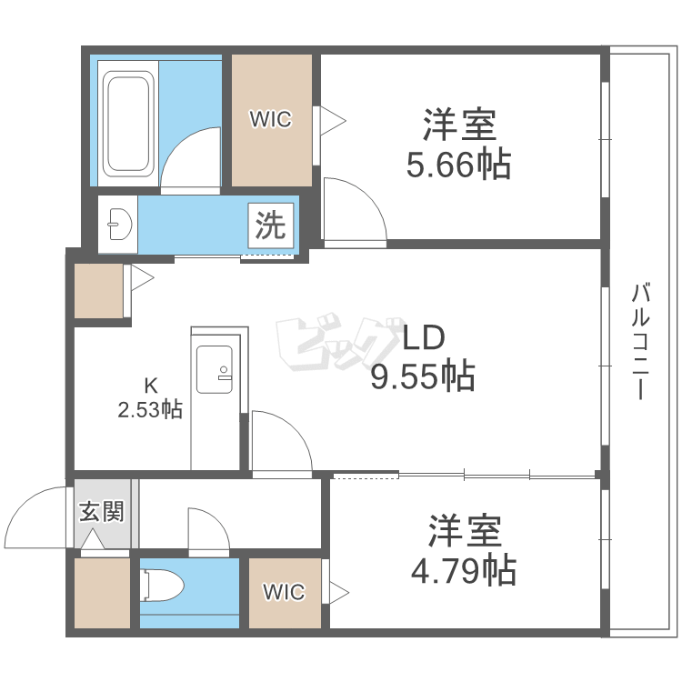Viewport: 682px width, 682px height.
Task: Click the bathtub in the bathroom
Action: tap(128, 124)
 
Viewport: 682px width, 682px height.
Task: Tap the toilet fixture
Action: tap(162, 586)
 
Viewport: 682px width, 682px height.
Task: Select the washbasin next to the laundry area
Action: tap(118, 224)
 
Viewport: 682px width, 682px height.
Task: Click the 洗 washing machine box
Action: tap(271, 226)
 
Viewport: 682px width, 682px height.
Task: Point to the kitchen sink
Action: tap(214, 369)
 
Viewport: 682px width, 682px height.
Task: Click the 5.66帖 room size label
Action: tap(458, 165)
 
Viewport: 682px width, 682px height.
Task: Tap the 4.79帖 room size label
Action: tap(464, 570)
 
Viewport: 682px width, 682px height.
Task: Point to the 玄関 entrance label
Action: tap(102, 511)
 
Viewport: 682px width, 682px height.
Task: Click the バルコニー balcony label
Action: tap(641, 341)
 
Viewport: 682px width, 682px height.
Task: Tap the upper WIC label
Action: tap(271, 119)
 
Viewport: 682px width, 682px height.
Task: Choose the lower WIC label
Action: tap(284, 592)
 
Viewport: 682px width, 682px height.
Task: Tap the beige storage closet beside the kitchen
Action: tap(99, 291)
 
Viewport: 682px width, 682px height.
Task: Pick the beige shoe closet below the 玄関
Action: tap(102, 593)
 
